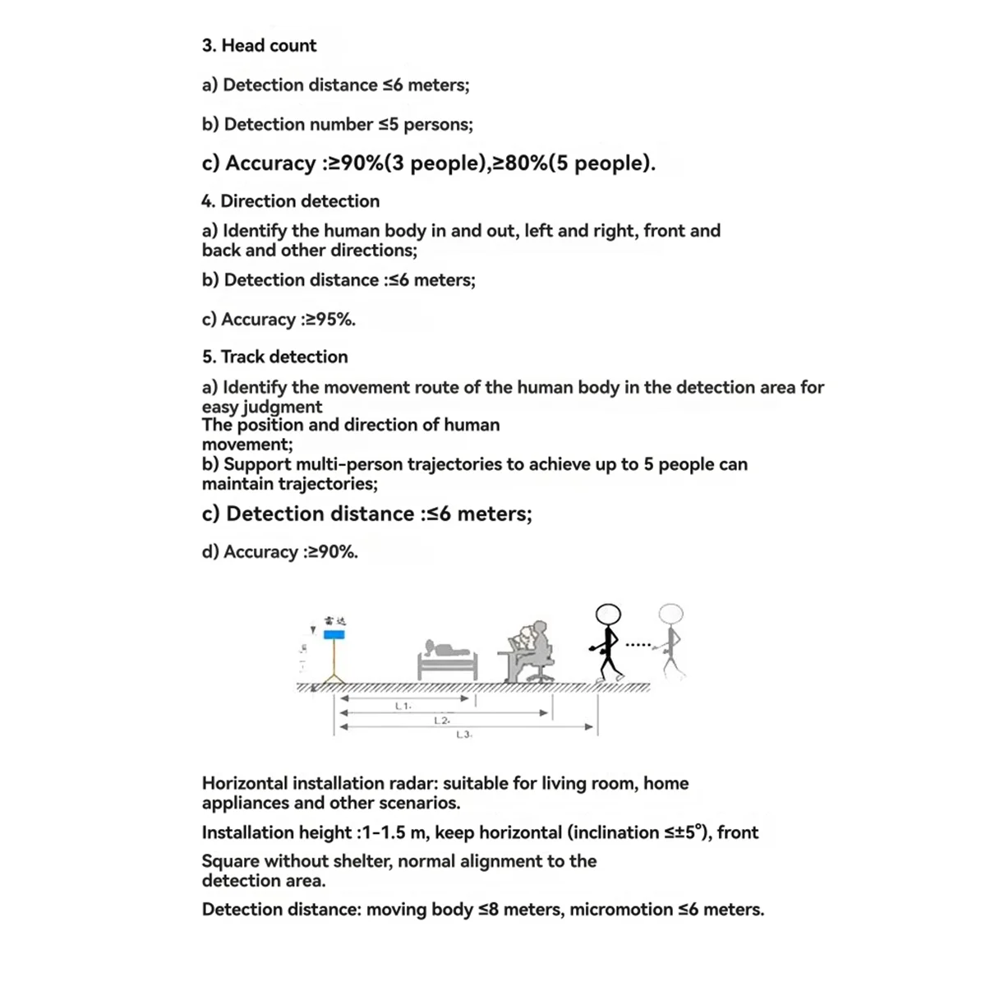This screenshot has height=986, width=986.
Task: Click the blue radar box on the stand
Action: coord(334,634)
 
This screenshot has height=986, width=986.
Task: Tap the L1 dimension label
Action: coord(403,706)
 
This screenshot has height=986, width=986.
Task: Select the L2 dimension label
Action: coord(441,721)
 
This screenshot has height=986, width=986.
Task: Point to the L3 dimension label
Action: coord(463,735)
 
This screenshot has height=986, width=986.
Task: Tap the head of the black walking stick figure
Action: coord(608,615)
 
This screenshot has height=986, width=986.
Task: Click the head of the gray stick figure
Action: coord(671,615)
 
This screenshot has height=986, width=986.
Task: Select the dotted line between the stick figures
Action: coord(638,644)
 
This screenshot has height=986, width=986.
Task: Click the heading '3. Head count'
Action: coord(259,45)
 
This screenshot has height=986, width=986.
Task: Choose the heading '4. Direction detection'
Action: coord(290,201)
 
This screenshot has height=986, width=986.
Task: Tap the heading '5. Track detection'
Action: coord(274,357)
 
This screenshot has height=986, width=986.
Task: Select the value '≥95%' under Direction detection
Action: coord(329,320)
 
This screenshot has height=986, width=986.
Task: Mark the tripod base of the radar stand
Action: coord(334,677)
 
